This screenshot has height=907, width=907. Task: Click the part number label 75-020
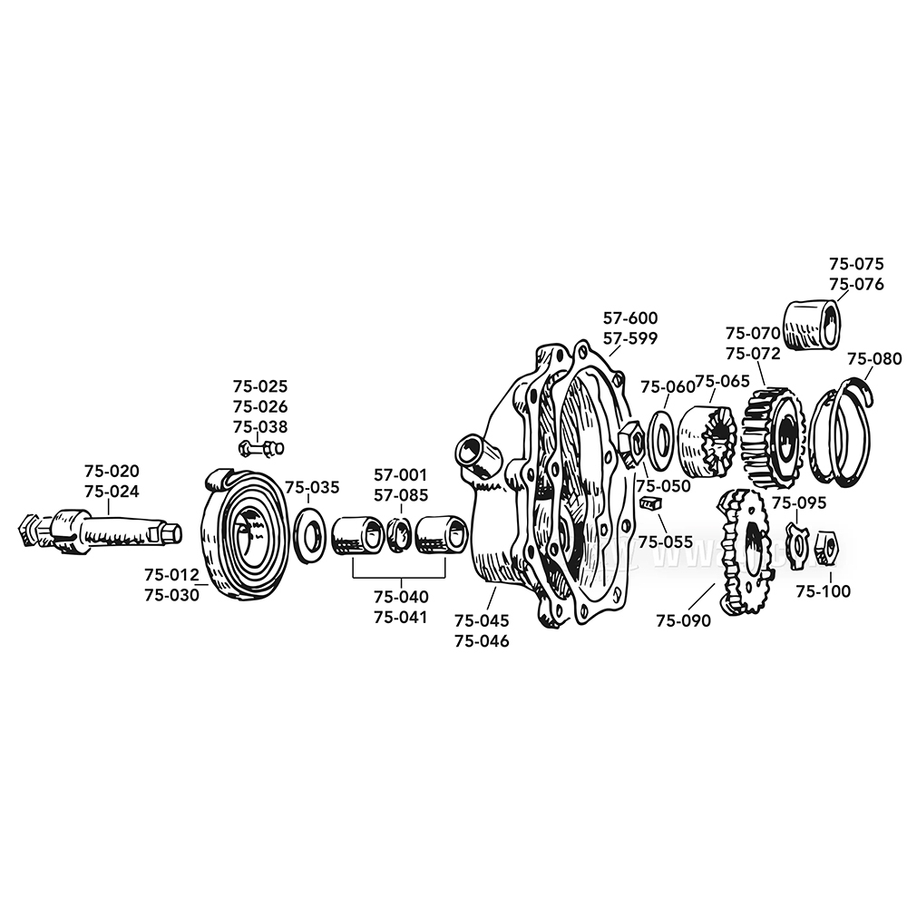pos(112,471)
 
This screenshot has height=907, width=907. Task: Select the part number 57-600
pos(630,317)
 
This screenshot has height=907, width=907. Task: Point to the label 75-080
pos(874,359)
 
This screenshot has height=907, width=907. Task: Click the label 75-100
pos(824,591)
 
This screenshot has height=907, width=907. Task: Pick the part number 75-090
pos(683,620)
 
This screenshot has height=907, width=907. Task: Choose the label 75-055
pos(666,542)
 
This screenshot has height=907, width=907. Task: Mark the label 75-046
pos(482,641)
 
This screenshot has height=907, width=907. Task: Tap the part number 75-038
pos(260,427)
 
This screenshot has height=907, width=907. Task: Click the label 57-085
pos(401,496)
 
